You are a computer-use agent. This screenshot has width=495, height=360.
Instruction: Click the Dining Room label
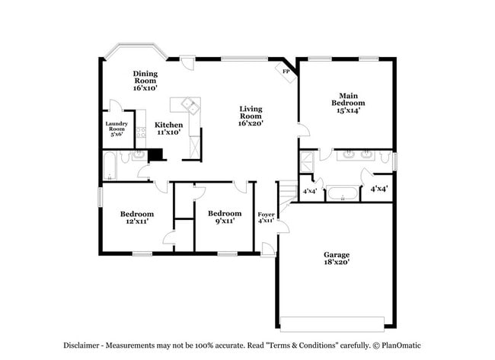(x=145, y=81)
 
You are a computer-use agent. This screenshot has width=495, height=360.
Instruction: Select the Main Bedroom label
(x=347, y=103)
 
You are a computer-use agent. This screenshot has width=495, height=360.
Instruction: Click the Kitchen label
(x=168, y=128)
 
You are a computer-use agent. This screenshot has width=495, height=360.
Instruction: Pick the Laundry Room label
(x=116, y=128)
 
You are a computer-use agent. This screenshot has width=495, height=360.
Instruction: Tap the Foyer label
(x=266, y=218)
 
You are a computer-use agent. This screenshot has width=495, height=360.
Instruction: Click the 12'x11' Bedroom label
(x=137, y=218)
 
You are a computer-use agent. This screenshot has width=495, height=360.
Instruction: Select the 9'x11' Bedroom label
(x=225, y=217)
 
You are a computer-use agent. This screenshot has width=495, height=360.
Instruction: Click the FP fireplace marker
(x=286, y=72)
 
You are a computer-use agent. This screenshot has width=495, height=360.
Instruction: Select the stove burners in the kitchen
(x=141, y=135)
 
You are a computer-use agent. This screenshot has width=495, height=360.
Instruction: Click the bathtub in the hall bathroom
(x=110, y=165)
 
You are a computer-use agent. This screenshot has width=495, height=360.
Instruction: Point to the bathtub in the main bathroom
(x=342, y=192)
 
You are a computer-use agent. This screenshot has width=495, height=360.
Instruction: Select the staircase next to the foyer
(x=287, y=194)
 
